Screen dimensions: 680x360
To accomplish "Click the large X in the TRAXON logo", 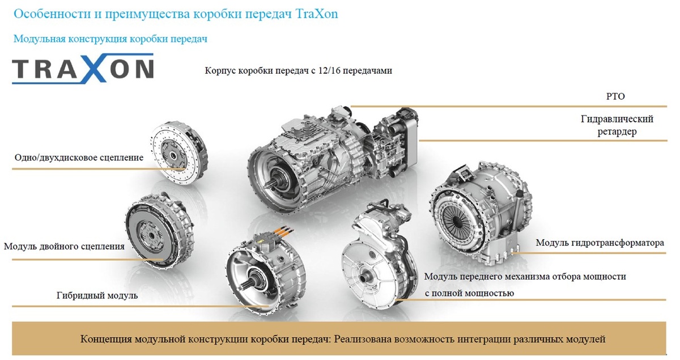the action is pos(96,69).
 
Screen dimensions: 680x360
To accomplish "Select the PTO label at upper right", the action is pos(615,96).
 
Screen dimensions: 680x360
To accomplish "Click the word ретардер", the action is pos(617,132).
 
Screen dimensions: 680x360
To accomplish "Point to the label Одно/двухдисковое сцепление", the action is pos(79,158).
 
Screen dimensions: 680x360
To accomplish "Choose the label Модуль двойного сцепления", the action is pos(64,246).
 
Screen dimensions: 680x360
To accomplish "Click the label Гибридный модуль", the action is pos(97,295).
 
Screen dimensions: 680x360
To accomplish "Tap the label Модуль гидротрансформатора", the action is pos(600,243).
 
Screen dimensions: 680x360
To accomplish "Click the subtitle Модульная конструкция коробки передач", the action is pos(110,39).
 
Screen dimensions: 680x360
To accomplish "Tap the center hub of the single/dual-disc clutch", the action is pos(173,155).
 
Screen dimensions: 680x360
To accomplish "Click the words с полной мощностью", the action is pos(469,293).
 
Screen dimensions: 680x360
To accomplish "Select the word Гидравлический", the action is pos(617,119).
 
